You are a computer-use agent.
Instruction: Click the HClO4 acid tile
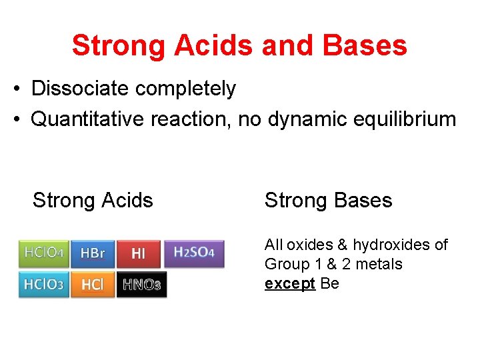tap(43, 253)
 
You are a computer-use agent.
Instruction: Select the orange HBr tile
tap(93, 253)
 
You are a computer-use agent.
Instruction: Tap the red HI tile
tap(138, 253)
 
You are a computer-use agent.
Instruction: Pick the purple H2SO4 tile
tap(194, 253)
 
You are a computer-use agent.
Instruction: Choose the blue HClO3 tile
tap(43, 285)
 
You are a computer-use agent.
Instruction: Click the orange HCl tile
tap(93, 285)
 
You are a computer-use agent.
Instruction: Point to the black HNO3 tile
tap(141, 285)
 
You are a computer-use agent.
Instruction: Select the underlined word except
tap(290, 283)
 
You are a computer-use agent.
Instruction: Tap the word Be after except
tap(330, 283)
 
